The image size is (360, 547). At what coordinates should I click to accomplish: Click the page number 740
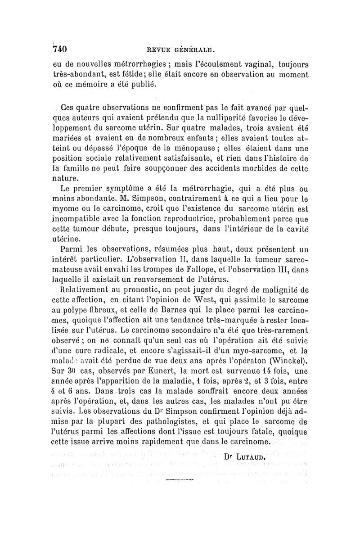[x=60, y=48]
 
